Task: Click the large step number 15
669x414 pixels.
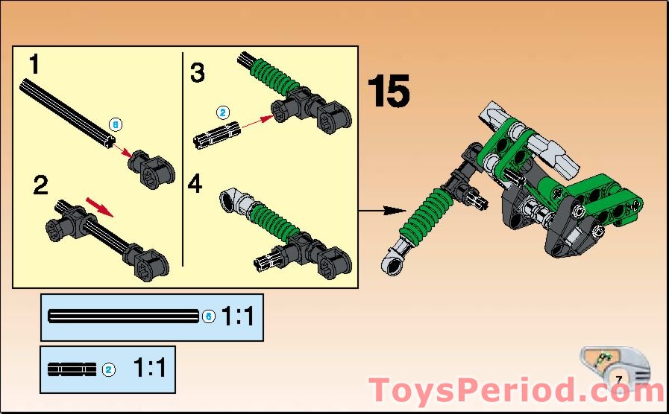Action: click(x=388, y=92)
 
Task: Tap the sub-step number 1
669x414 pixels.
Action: click(x=34, y=66)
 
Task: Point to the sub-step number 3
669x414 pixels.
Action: click(x=197, y=74)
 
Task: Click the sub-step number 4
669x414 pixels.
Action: click(x=195, y=184)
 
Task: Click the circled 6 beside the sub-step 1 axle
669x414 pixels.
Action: click(x=114, y=124)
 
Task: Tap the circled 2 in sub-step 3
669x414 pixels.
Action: click(x=222, y=113)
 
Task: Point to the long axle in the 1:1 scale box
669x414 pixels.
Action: click(x=123, y=316)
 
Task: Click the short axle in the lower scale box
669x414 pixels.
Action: click(x=72, y=369)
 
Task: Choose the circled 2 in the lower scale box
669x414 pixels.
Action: click(x=108, y=369)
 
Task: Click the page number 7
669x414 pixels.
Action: click(x=619, y=379)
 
